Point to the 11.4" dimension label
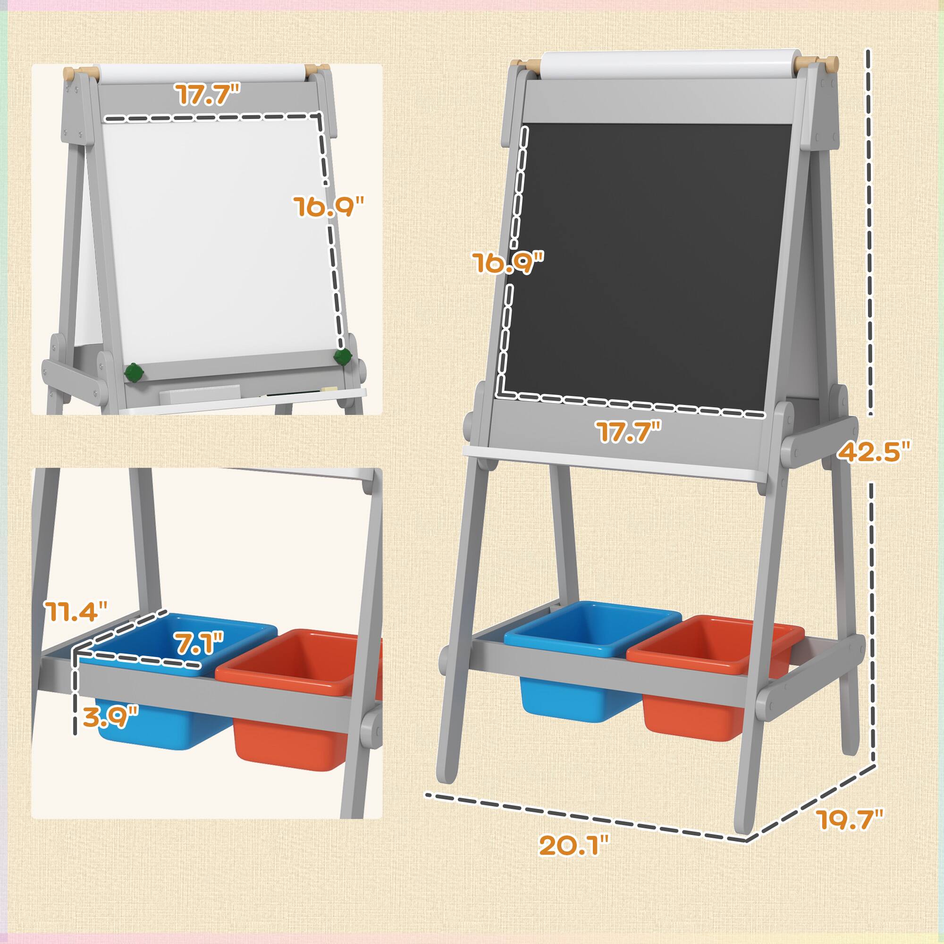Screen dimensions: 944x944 [76, 611]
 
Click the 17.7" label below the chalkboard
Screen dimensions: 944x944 [628, 432]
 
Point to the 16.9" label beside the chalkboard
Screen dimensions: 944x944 [508, 262]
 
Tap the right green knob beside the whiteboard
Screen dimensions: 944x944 [343, 357]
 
